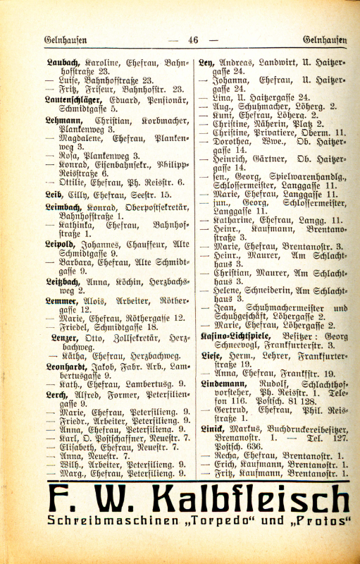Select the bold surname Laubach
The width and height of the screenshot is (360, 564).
point(62,63)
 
